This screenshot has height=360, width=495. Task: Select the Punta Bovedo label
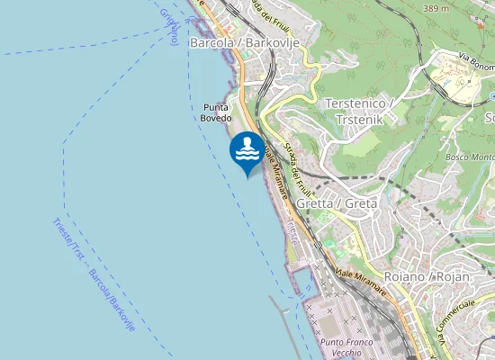point(217,112)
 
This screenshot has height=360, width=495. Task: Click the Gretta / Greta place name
point(336,203)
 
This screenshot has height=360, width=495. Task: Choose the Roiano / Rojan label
point(427,277)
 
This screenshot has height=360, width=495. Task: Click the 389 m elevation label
point(436,8)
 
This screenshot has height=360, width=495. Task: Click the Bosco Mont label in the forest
point(470,158)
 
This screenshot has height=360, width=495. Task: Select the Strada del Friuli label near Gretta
point(296,166)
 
